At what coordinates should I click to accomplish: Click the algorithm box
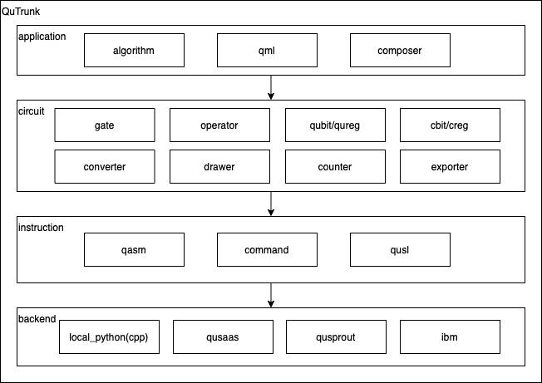(134, 51)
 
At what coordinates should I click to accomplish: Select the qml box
(267, 51)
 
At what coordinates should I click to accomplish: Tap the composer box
(400, 51)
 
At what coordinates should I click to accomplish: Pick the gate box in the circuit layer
(105, 125)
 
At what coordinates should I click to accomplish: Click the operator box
(219, 125)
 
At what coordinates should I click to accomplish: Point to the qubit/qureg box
(335, 125)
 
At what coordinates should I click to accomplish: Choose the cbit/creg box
(450, 125)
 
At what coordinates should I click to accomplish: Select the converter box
(105, 166)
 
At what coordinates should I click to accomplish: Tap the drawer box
(219, 166)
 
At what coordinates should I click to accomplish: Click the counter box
(335, 166)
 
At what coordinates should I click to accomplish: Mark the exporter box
(450, 166)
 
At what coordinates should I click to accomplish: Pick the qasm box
(134, 250)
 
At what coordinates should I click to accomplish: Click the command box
(267, 250)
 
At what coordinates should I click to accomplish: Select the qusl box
(400, 250)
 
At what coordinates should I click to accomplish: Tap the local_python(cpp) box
(109, 336)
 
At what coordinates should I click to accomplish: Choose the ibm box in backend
(450, 336)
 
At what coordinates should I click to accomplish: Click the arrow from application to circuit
(271, 87)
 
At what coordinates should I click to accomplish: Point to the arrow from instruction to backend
(271, 295)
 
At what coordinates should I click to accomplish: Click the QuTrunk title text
(21, 12)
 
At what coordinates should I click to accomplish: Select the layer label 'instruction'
(41, 228)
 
